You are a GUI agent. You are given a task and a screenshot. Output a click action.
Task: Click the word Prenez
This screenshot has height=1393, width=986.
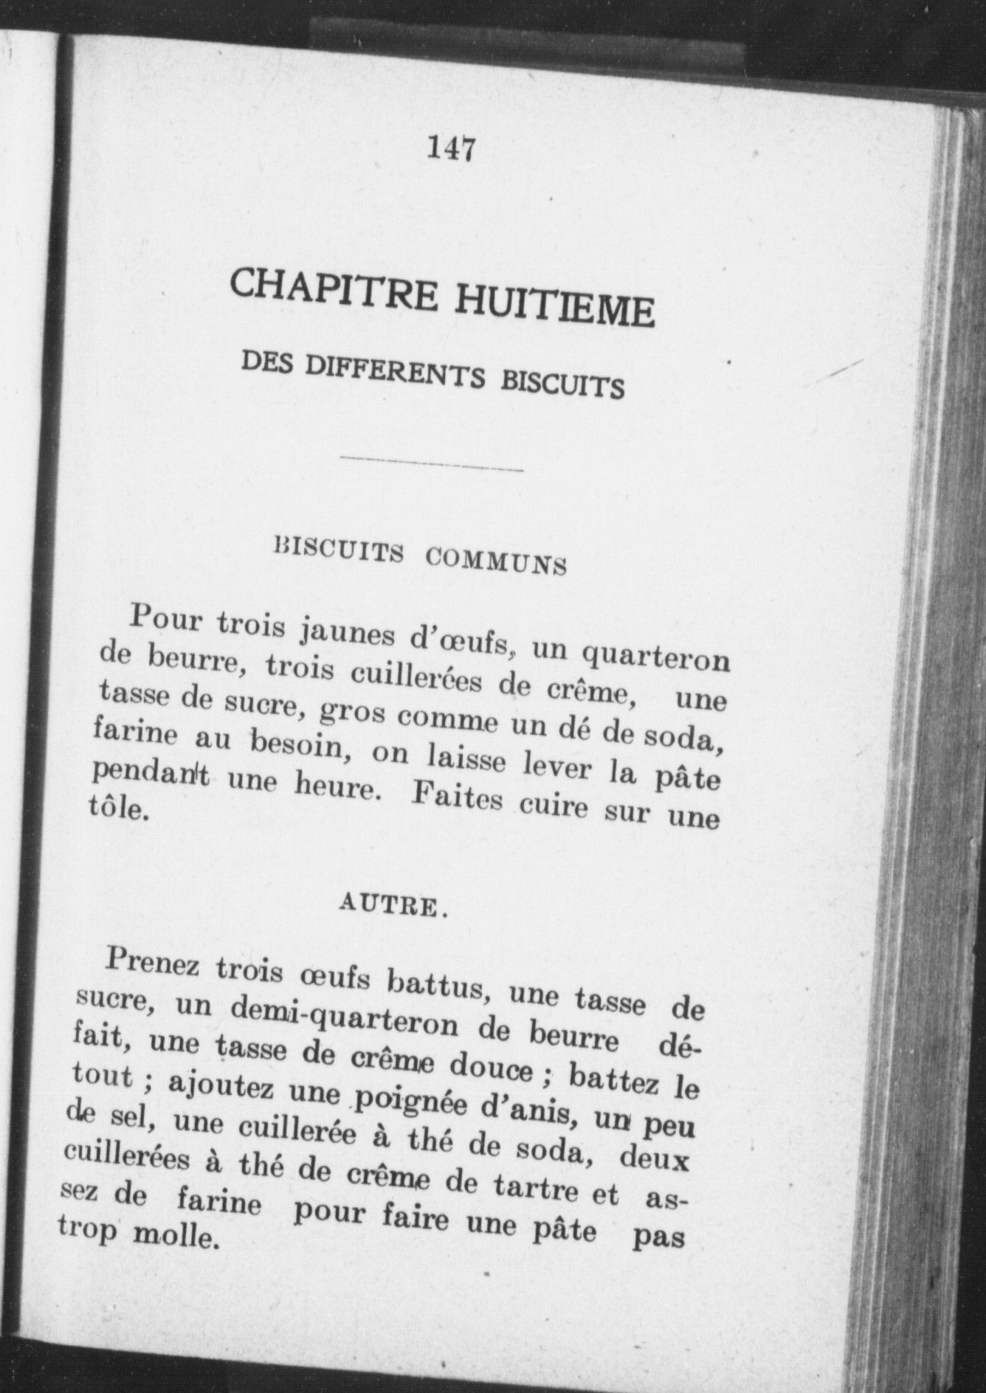pyautogui.click(x=152, y=964)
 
